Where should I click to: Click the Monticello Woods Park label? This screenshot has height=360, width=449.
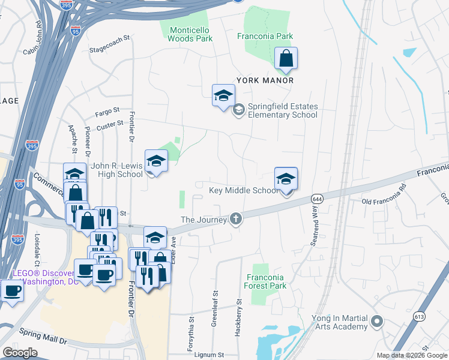[x=191, y=34]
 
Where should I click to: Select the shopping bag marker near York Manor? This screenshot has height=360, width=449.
[x=286, y=59]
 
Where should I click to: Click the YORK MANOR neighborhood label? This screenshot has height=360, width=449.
[x=265, y=80]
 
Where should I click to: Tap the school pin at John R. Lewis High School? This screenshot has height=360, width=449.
[x=156, y=161]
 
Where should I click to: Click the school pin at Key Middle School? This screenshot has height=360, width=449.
[x=286, y=179]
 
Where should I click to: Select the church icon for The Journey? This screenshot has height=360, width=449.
[x=236, y=219]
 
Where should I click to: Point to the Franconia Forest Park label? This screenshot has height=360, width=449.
[x=265, y=281]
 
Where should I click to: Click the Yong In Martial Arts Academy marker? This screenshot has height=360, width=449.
[x=377, y=322]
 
